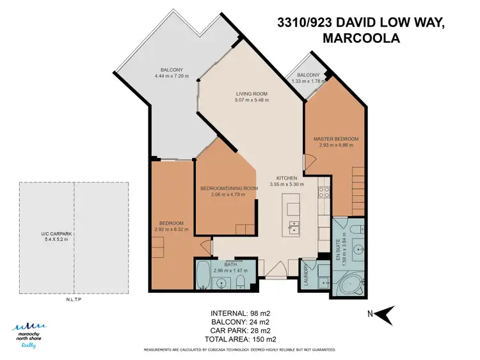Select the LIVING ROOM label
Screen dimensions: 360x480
(x=252, y=93)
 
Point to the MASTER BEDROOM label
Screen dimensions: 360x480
(x=335, y=139)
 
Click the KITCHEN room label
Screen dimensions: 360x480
(x=286, y=178)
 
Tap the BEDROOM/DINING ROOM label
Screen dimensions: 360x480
(x=228, y=188)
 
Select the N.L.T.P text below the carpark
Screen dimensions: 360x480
(x=74, y=299)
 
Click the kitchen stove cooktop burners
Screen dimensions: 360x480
(x=324, y=187)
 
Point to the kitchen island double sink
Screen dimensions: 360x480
(x=294, y=227)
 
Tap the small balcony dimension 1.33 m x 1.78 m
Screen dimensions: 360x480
(x=308, y=81)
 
